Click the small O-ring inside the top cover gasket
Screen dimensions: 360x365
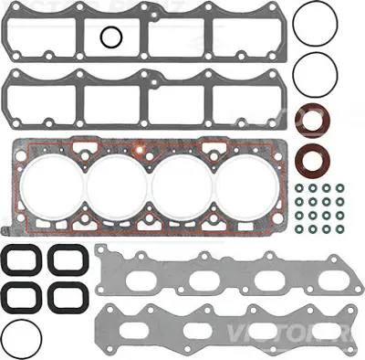(x=110, y=37)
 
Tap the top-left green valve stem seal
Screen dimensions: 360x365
(x=300, y=188)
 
